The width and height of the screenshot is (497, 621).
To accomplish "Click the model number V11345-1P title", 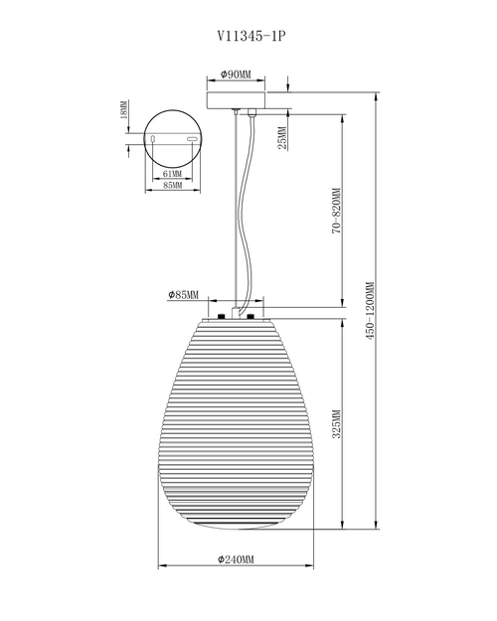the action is tap(251, 36).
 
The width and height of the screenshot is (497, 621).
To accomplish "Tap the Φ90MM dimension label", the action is tap(236, 75).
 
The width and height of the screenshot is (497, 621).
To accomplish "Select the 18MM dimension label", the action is tap(123, 109).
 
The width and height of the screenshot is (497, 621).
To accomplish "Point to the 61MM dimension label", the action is tap(172, 174).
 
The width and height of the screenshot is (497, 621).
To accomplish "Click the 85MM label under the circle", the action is tap(172, 186).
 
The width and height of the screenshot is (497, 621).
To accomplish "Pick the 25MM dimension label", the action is tap(281, 138).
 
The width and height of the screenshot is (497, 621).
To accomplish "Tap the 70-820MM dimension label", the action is tap(336, 211).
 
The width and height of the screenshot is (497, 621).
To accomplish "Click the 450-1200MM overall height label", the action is tap(370, 310).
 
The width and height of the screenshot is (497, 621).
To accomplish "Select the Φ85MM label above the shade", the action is tap(183, 295).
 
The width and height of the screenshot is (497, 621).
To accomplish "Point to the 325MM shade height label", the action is tap(336, 423).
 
